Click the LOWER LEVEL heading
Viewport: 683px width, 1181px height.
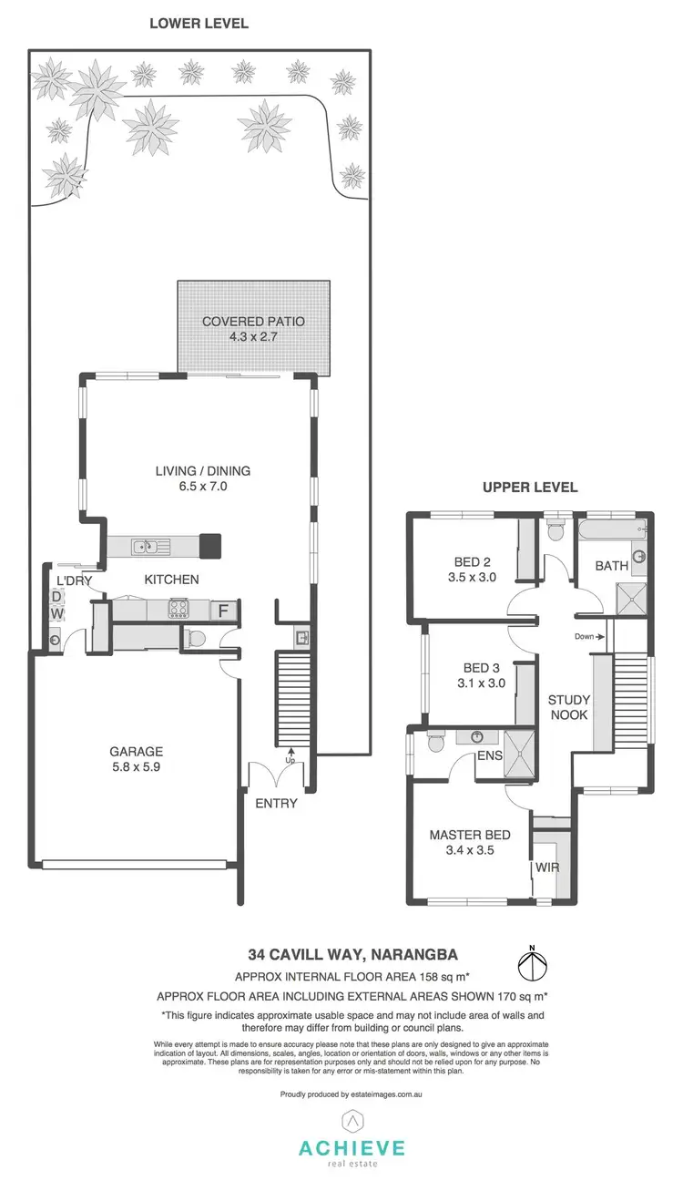pyautogui.click(x=199, y=23)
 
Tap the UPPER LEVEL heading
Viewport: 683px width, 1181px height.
pyautogui.click(x=529, y=488)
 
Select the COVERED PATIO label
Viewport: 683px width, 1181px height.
pyautogui.click(x=253, y=322)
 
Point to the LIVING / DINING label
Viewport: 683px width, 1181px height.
pyautogui.click(x=202, y=471)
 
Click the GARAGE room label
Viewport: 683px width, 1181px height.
pyautogui.click(x=137, y=752)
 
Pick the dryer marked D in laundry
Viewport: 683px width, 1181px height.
pyautogui.click(x=56, y=597)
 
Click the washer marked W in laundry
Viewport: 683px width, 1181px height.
pyautogui.click(x=56, y=614)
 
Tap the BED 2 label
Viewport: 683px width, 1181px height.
pyautogui.click(x=474, y=561)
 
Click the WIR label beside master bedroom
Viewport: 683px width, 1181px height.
pyautogui.click(x=547, y=867)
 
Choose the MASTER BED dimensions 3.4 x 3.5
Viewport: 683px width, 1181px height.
pyautogui.click(x=469, y=850)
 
